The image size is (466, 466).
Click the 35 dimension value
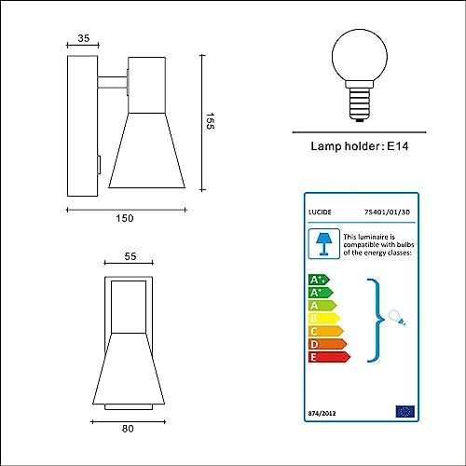tap(84, 38)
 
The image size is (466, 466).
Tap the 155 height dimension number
tap(210, 121)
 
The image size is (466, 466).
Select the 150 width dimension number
tap(125, 218)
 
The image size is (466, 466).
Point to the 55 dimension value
tap(130, 256)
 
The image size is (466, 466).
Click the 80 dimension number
tap(128, 429)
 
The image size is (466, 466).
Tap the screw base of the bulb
tap(360, 104)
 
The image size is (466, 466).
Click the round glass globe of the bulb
tap(360, 55)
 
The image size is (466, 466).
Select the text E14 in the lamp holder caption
tap(398, 146)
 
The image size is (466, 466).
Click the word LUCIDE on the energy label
tap(320, 212)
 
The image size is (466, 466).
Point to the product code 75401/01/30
tap(387, 212)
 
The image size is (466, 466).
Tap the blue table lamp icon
tap(323, 244)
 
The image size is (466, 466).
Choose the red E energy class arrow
tap(329, 357)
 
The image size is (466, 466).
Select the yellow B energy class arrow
tap(324, 319)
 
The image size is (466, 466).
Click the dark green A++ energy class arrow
tap(319, 280)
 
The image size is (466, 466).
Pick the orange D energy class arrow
tap(327, 344)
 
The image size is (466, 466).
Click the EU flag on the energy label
tap(405, 412)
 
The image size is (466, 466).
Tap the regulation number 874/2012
tap(322, 414)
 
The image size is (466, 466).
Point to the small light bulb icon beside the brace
tap(397, 318)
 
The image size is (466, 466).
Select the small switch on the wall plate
tap(99, 165)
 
